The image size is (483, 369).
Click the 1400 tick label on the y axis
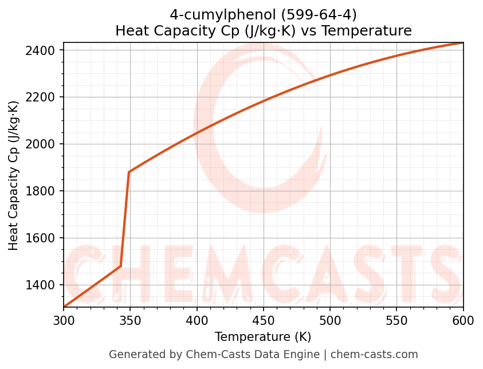coord(44,285)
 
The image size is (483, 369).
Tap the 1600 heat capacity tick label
coord(44,238)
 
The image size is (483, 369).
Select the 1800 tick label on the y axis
coord(44,191)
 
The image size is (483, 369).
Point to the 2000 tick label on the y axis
coord(44,144)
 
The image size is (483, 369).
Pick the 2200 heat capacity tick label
coord(44,97)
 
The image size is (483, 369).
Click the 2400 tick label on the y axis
coord(44,50)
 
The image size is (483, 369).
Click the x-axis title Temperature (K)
coord(263,337)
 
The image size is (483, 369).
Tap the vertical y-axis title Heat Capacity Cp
coord(14,175)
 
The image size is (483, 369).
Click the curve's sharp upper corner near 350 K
coord(129,172)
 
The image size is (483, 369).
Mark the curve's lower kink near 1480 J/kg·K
coord(120,266)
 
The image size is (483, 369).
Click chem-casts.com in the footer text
coord(374,355)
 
